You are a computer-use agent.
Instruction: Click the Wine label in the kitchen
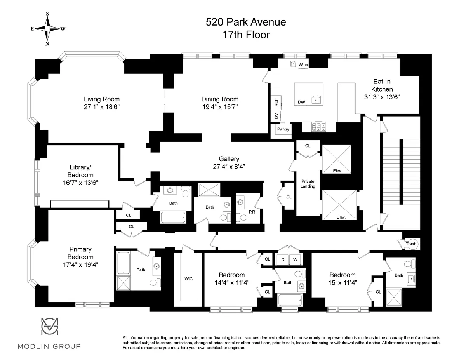click(303, 64)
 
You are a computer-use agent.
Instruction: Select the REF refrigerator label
click(276, 103)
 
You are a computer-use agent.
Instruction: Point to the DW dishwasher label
click(301, 102)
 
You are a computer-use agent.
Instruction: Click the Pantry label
click(283, 129)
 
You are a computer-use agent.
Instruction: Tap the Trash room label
click(411, 244)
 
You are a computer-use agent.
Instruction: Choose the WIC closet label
click(189, 279)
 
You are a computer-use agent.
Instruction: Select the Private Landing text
click(308, 184)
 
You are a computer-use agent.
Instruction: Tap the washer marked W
click(295, 259)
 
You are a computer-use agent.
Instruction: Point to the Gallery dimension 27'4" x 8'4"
click(229, 166)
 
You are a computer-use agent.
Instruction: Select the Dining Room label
click(220, 99)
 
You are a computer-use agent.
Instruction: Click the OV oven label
click(276, 116)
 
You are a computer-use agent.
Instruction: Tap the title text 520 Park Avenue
click(246, 22)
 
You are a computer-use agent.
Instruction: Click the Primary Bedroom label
click(81, 253)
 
